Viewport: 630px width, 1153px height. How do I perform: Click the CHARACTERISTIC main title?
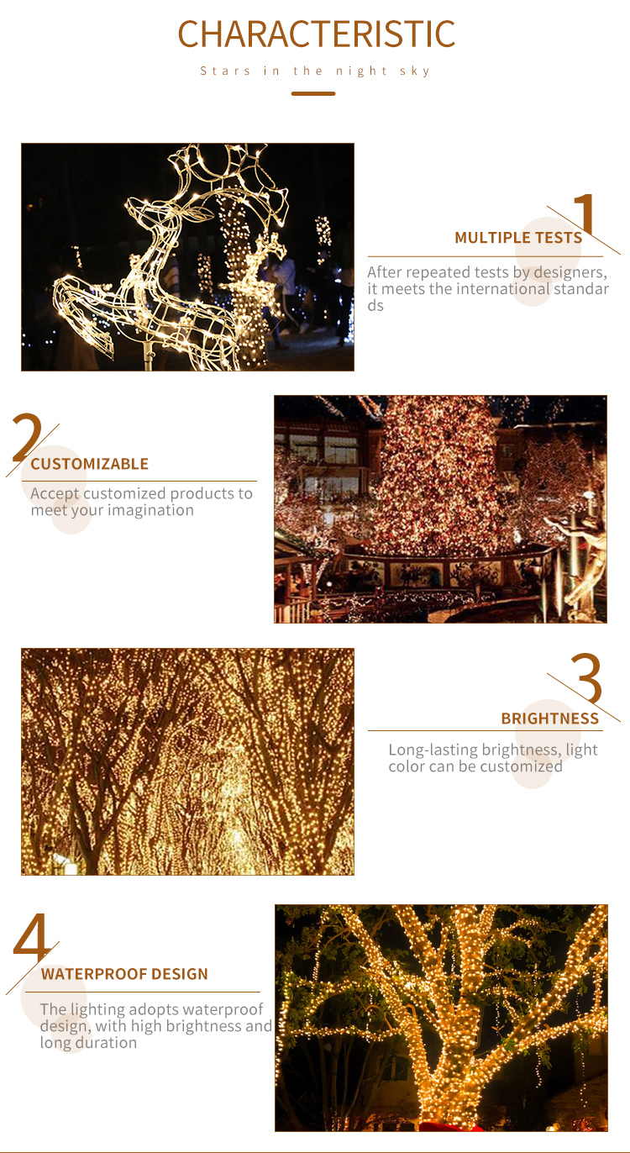[316, 34]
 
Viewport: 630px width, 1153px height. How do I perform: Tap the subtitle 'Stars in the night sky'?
[315, 71]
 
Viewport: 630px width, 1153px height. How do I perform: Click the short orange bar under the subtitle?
[313, 93]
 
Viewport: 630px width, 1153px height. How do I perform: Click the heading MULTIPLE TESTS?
[518, 237]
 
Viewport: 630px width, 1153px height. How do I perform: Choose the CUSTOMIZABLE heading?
[89, 464]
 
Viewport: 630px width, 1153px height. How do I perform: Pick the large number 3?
[587, 677]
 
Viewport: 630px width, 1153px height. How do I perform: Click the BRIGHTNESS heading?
[549, 719]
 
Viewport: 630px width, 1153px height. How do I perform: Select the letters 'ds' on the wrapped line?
[375, 306]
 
